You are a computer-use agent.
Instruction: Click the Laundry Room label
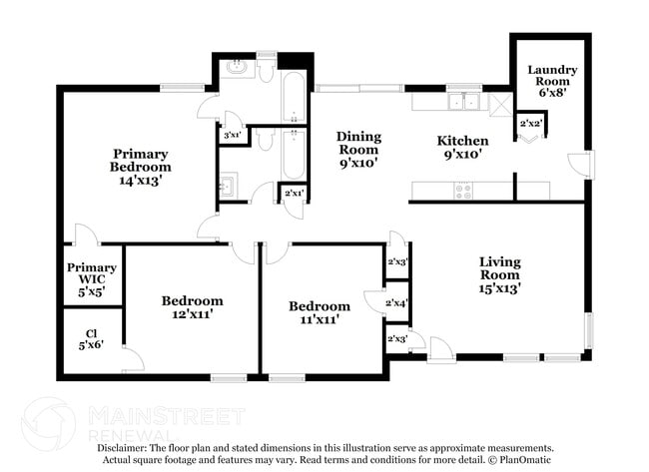coord(552,77)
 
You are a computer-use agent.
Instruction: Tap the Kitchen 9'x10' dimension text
coord(465,155)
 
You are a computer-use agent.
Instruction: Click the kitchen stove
coord(464,190)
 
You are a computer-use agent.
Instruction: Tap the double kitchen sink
coord(463,101)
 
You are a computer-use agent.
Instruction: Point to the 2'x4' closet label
coord(397,302)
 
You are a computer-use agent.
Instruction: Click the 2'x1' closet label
coord(295,193)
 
